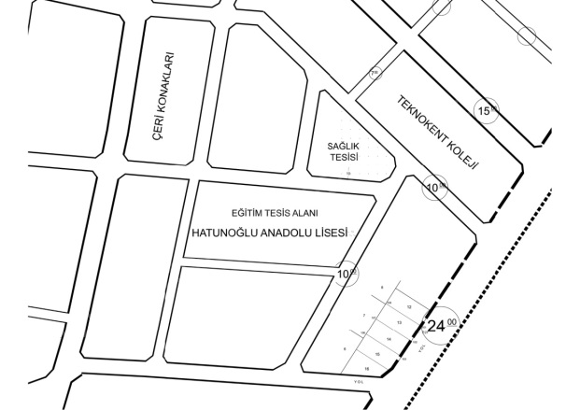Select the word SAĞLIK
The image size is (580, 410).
pos(344,147)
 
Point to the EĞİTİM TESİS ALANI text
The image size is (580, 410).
pos(281,214)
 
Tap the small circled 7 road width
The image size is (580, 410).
pos(375,73)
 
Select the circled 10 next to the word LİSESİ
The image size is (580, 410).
pos(346,274)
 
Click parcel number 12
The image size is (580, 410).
pos(410,306)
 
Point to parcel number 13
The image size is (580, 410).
pos(399,323)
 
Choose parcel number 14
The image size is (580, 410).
pos(388,339)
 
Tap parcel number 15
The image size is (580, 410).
pos(377,355)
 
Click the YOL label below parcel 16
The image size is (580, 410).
pos(358,381)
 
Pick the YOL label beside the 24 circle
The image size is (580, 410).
pos(421,346)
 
